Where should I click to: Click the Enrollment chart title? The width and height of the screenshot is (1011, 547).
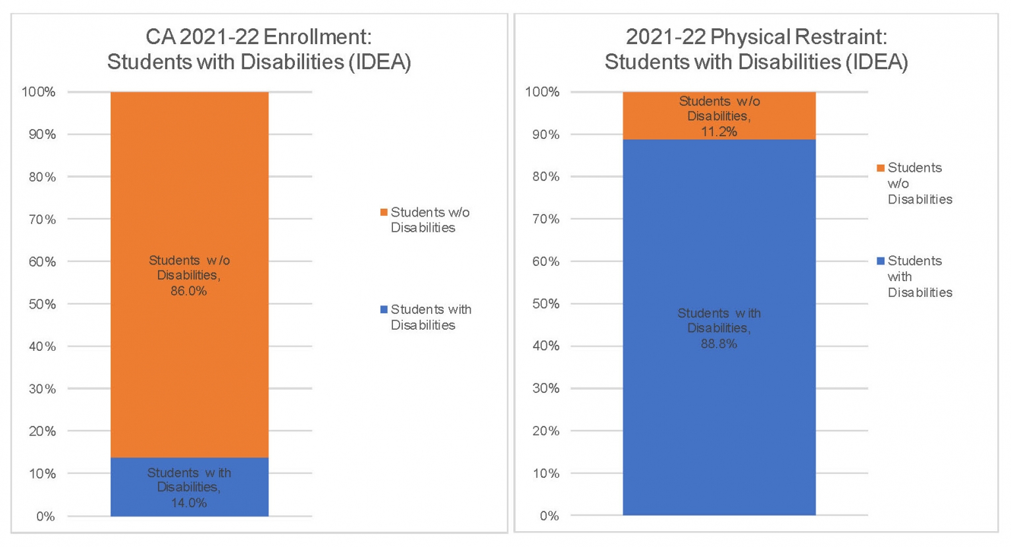click(x=259, y=49)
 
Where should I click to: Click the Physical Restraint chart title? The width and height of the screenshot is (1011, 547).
click(x=756, y=49)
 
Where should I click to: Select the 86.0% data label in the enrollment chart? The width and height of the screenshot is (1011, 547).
click(x=189, y=276)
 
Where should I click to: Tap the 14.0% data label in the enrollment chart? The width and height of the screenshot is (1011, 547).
click(x=189, y=488)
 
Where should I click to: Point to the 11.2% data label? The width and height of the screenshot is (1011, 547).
click(x=719, y=117)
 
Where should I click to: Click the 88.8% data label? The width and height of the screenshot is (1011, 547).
click(x=719, y=328)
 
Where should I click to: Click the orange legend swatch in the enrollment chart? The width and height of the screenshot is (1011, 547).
click(x=384, y=213)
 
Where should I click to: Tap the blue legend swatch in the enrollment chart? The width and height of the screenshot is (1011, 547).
click(x=384, y=309)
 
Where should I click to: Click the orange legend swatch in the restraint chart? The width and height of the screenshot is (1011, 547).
click(x=881, y=168)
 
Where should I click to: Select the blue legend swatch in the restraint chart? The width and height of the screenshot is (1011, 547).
click(x=881, y=261)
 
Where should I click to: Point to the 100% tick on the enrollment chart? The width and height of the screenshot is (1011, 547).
click(x=39, y=92)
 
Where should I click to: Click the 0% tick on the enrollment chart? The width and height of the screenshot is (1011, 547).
click(x=45, y=516)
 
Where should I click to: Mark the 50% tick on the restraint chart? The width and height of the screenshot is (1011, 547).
click(x=546, y=303)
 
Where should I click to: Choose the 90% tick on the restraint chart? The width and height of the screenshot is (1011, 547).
click(x=546, y=134)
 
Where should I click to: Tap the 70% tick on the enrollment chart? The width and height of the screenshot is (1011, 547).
click(x=42, y=219)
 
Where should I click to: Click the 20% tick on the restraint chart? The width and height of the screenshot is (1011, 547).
click(x=546, y=430)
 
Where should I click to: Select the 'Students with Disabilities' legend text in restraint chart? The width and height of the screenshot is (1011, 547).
click(x=920, y=276)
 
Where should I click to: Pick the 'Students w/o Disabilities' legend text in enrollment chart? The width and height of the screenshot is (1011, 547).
click(x=430, y=220)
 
